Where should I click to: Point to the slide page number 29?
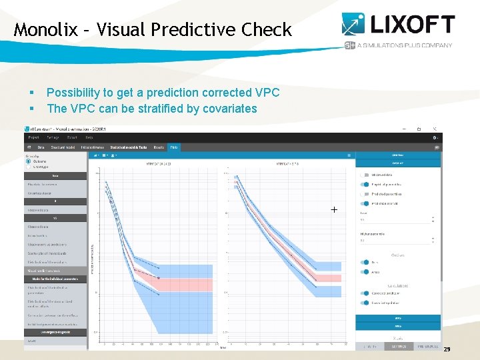point(447,349)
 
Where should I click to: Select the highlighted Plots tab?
point(174,147)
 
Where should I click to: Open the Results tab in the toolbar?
point(159,147)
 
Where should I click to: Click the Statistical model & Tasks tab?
point(129,147)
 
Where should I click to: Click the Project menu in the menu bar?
point(34,138)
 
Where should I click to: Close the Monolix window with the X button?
point(435,129)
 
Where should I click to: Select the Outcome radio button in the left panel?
point(29,161)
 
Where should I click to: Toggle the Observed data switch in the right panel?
point(364,175)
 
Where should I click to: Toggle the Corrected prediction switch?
point(364,293)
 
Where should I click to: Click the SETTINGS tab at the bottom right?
point(398,346)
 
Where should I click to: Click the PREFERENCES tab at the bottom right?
point(427,346)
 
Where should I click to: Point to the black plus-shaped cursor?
point(334,209)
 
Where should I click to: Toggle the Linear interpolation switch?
point(364,303)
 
